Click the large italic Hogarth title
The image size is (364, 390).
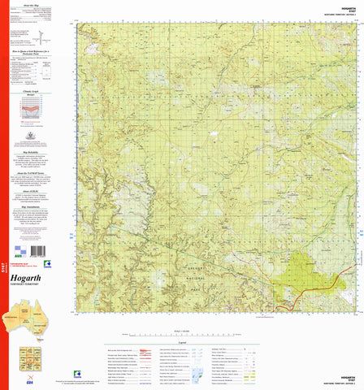coord(31,277)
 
